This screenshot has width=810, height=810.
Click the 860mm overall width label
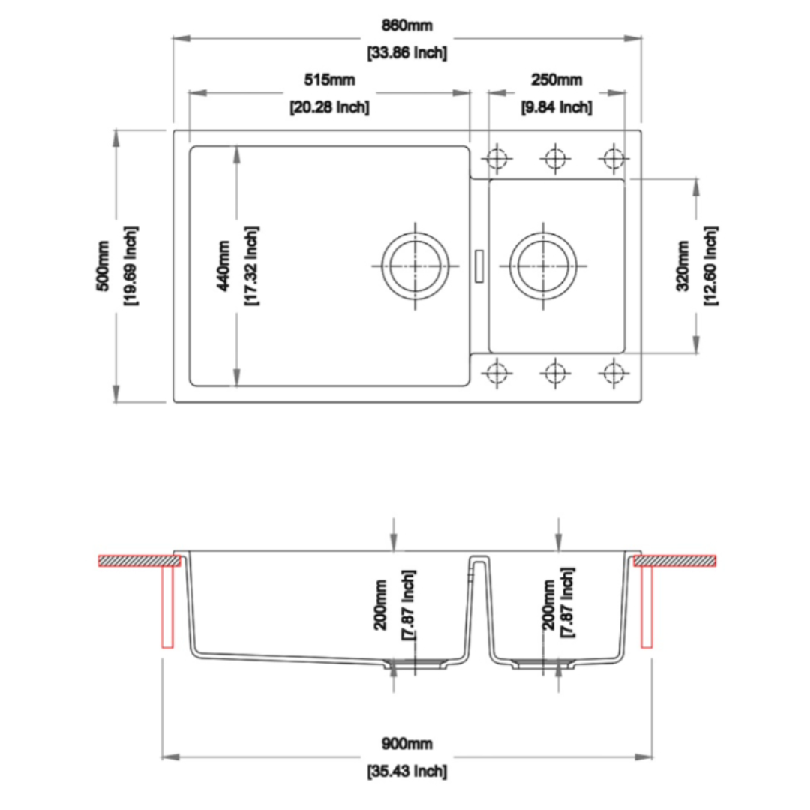click(407, 25)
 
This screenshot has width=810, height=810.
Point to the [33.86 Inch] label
click(407, 53)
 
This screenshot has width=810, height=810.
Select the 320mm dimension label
click(682, 265)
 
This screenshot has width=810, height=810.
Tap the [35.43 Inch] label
click(407, 771)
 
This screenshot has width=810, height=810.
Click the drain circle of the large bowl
click(415, 265)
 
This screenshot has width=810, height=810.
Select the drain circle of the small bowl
click(543, 265)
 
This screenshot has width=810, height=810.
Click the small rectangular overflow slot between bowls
click(479, 265)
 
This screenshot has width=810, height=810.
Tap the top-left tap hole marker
click(496, 159)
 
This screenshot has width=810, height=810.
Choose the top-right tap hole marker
click(613, 159)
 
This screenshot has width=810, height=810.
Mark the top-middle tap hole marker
click(554, 159)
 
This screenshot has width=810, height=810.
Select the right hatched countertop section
click(675, 560)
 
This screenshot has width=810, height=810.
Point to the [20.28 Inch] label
click(329, 107)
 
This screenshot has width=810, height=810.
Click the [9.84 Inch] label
click(556, 107)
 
